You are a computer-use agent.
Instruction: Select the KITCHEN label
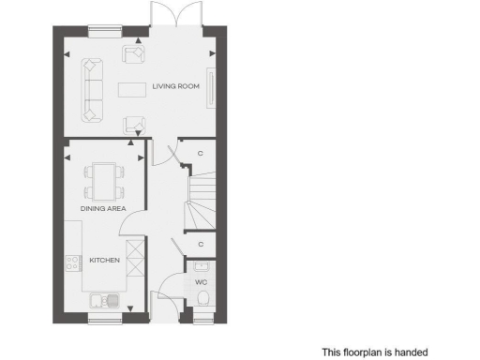coord(104,260)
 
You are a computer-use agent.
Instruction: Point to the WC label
coord(202,281)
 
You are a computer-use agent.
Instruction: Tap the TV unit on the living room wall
coord(210,89)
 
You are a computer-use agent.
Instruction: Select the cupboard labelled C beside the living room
coord(201,153)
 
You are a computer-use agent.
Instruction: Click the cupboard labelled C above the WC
coord(201,244)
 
